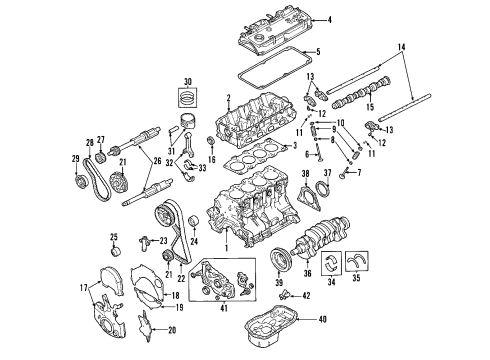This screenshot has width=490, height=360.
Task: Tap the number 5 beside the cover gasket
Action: coord(317,52)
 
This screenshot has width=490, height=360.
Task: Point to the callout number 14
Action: coord(402,48)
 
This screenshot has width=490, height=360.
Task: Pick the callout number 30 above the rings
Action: coord(187,81)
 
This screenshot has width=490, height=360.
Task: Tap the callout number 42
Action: coord(306,295)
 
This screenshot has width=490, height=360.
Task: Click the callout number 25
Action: coord(113,237)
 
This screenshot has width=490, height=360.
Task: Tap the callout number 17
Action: coord(85,290)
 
